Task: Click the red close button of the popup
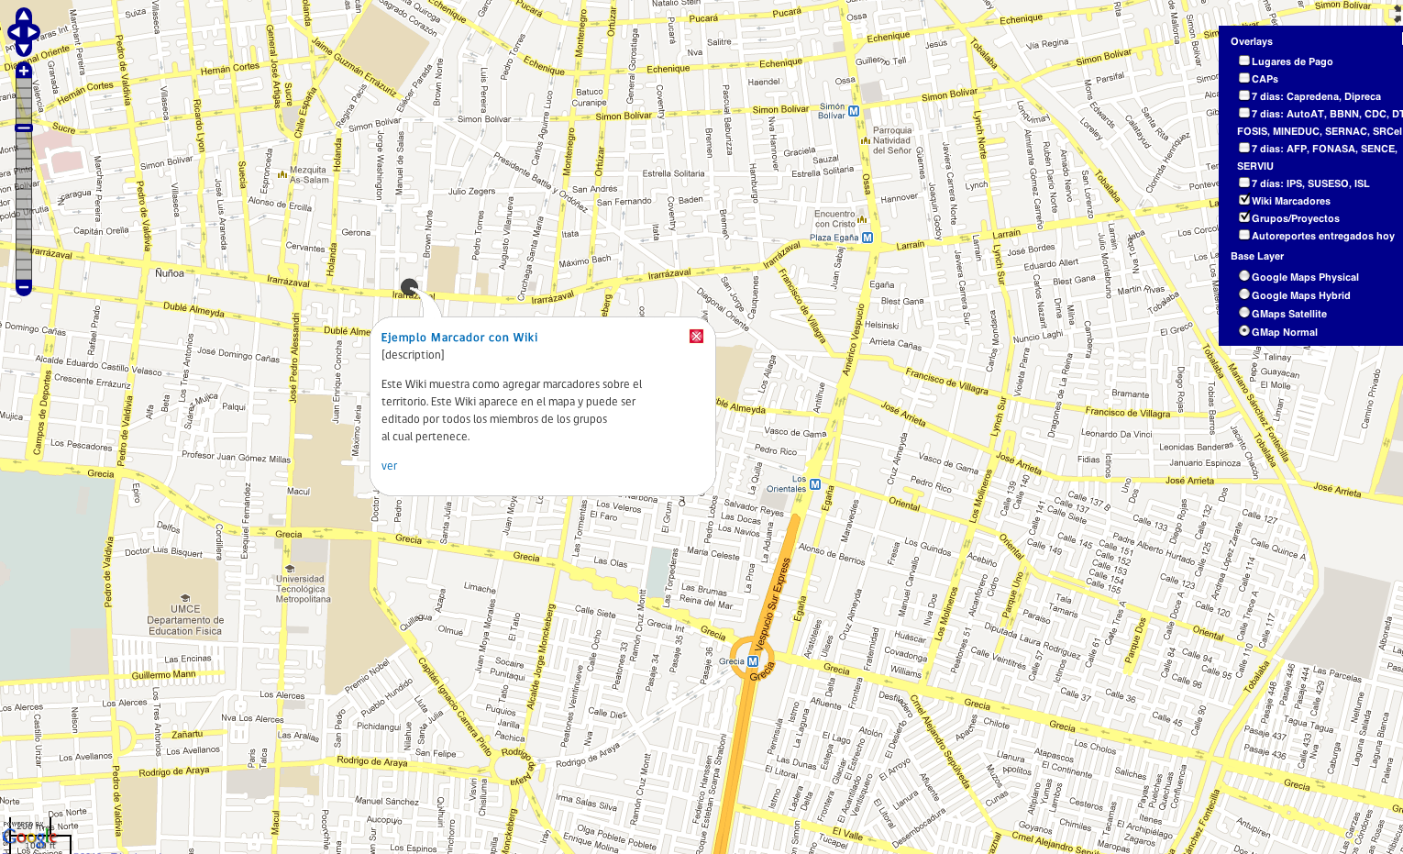pos(697,337)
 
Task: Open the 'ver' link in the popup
pos(389,466)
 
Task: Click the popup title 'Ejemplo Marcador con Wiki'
pos(459,338)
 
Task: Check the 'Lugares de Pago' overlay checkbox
pos(1244,61)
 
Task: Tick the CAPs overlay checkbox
pos(1244,78)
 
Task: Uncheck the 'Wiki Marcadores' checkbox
pos(1244,200)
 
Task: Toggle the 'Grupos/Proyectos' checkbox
pos(1244,217)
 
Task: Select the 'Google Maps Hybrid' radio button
pos(1244,294)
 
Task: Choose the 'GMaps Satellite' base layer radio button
pos(1244,313)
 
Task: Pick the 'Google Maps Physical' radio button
pos(1244,276)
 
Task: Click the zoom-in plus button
pos(24,71)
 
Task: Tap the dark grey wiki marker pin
pos(409,288)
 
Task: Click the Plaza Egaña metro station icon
pos(867,238)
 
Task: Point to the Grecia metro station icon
pos(753,660)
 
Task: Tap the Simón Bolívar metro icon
pos(854,111)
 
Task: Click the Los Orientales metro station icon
pos(815,483)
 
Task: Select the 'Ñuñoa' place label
pos(170,273)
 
